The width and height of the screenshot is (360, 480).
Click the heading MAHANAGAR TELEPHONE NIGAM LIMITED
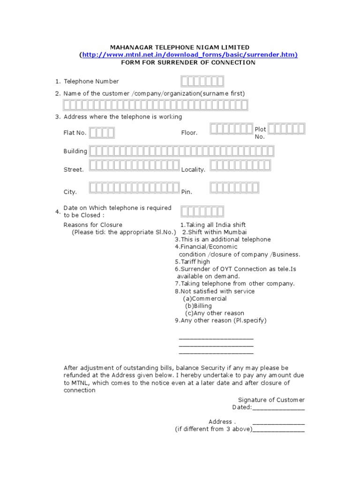pyautogui.click(x=180, y=47)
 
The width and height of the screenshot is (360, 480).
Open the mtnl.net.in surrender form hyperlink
pyautogui.click(x=189, y=55)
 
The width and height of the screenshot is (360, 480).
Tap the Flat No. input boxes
pyautogui.click(x=102, y=133)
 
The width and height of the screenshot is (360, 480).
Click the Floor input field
pyautogui.click(x=231, y=129)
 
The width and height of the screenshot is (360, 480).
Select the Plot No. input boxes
pyautogui.click(x=286, y=129)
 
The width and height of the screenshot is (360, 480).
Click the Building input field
pyautogui.click(x=181, y=151)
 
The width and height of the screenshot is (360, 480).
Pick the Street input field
pyautogui.click(x=134, y=165)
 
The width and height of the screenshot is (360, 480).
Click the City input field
pyautogui.click(x=134, y=188)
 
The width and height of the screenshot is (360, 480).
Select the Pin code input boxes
pyautogui.click(x=234, y=188)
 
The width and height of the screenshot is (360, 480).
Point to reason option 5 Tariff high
pyautogui.click(x=193, y=262)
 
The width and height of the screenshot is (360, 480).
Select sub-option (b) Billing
pyautogui.click(x=199, y=306)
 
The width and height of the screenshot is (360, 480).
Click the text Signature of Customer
pyautogui.click(x=271, y=400)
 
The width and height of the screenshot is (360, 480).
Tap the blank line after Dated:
pyautogui.click(x=278, y=408)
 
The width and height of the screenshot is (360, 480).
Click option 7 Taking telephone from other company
pyautogui.click(x=234, y=284)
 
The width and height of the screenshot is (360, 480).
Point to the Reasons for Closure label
pyautogui.click(x=93, y=225)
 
